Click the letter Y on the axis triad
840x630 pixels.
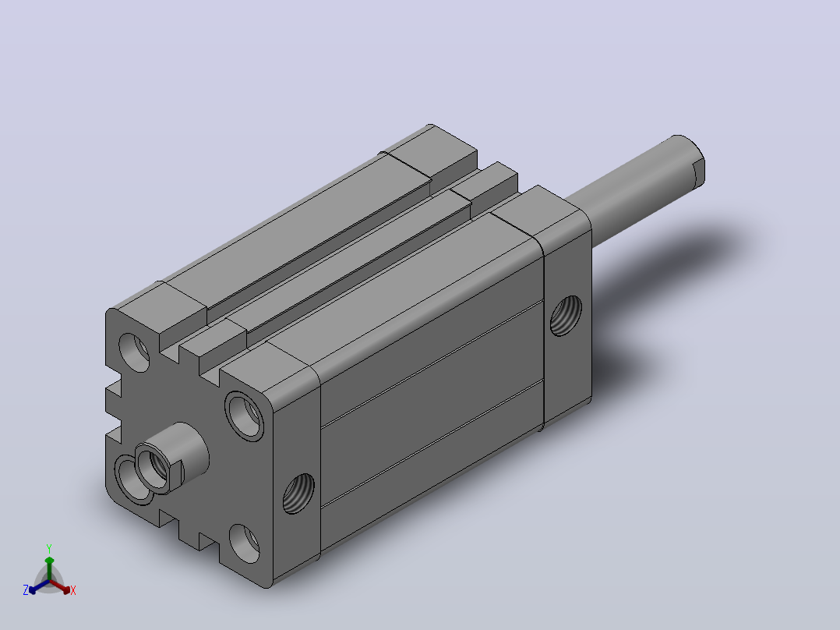pyautogui.click(x=49, y=548)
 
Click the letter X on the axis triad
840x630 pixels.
pyautogui.click(x=73, y=590)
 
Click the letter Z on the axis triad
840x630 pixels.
pyautogui.click(x=26, y=590)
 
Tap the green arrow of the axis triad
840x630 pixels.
pyautogui.click(x=49, y=568)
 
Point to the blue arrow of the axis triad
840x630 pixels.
pyautogui.click(x=39, y=586)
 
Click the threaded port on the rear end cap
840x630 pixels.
pyautogui.click(x=566, y=316)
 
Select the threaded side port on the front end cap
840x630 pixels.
pyautogui.click(x=298, y=494)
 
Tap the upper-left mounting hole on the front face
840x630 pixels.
pyautogui.click(x=134, y=352)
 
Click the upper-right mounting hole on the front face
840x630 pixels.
pyautogui.click(x=245, y=416)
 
